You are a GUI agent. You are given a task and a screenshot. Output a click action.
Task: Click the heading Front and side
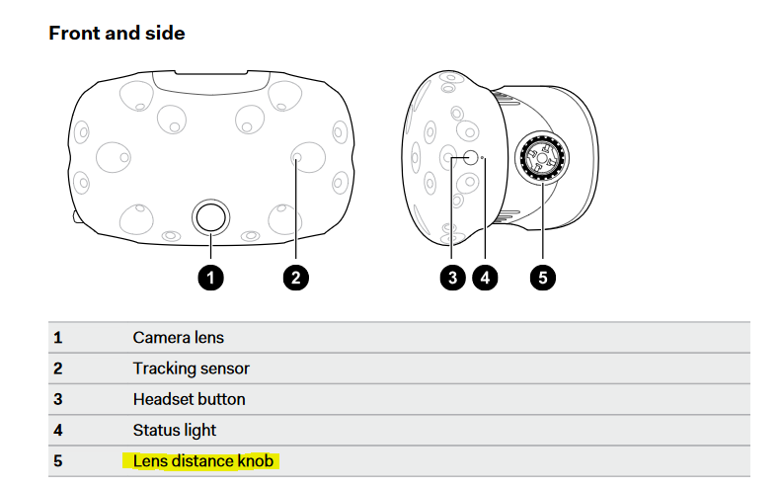117,33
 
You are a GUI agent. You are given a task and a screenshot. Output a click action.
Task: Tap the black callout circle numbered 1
210,278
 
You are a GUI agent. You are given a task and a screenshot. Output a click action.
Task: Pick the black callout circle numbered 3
452,278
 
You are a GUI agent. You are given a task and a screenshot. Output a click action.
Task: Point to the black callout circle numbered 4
483,278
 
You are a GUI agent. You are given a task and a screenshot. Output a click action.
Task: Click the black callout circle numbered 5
542,278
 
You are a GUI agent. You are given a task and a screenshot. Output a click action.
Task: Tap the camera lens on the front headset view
210,215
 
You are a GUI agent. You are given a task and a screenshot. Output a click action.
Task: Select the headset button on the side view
469,157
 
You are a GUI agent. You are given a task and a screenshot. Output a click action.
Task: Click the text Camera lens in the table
178,338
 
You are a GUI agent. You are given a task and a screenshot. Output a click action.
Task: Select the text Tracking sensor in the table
191,368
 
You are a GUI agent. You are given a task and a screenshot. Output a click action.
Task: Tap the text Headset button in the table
189,399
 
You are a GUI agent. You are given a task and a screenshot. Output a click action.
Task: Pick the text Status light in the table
174,430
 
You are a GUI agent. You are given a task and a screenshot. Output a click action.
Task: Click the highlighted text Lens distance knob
202,460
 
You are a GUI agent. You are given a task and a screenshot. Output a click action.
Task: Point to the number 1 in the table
57,338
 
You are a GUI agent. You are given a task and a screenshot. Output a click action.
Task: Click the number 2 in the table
57,368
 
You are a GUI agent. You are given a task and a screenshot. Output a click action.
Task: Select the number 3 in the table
57,399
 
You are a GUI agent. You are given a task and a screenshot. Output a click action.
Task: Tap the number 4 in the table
57,430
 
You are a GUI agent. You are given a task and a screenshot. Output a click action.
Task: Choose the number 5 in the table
57,460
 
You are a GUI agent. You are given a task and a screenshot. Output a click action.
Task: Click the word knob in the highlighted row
255,460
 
